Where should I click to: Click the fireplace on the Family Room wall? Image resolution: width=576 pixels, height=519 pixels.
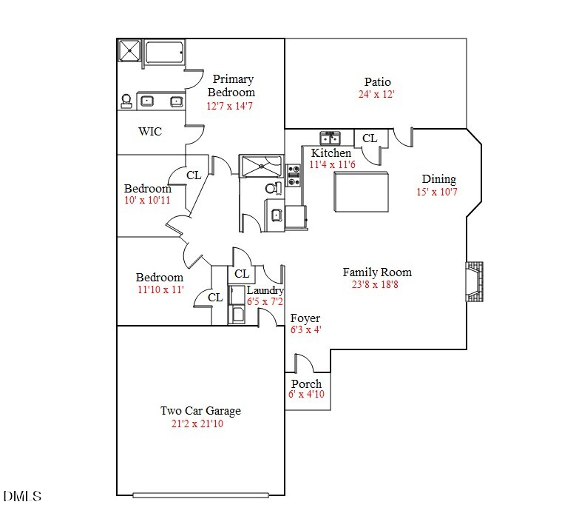[x=473, y=282]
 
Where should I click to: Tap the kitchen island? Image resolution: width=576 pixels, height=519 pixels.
[x=362, y=192]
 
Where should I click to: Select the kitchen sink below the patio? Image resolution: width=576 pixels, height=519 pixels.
[x=330, y=138]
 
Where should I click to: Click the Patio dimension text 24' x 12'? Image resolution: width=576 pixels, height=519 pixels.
[x=376, y=95]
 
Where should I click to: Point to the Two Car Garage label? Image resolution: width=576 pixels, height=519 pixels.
[x=200, y=411]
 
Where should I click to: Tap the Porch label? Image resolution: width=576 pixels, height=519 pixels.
[x=306, y=384]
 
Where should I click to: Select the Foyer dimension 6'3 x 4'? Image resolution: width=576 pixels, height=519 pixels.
[x=306, y=330]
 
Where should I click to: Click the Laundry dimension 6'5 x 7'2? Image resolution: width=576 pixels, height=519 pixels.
[x=265, y=302]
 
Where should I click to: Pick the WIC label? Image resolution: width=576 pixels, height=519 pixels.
[x=150, y=132]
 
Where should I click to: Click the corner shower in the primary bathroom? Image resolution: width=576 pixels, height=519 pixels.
[x=129, y=52]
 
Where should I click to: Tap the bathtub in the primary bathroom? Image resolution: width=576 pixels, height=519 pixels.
[x=165, y=54]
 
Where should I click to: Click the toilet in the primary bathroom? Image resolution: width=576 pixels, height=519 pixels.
[x=126, y=101]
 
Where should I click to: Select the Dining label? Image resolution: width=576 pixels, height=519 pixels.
[x=438, y=179]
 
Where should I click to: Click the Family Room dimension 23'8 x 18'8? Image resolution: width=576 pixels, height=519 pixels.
[x=376, y=284]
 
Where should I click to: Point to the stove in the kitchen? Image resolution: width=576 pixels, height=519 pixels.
[x=294, y=175]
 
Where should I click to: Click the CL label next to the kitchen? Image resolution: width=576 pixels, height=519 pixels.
[x=370, y=138]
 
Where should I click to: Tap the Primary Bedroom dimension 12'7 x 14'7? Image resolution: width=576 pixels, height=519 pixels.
[x=231, y=106]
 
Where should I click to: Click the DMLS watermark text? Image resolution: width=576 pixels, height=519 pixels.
[x=22, y=496]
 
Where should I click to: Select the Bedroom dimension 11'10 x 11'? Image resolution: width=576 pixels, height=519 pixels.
[x=160, y=289]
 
